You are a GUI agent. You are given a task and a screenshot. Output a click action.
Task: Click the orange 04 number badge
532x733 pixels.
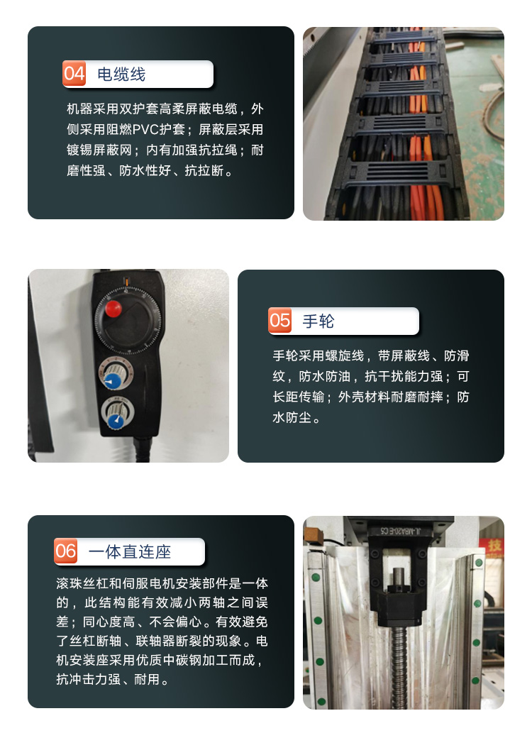tap(74, 73)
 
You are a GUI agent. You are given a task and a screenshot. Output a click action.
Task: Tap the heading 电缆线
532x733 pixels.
tap(121, 75)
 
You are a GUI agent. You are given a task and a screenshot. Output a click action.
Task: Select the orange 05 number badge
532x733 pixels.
tap(280, 320)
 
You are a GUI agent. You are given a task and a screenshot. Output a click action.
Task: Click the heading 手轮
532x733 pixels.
tap(318, 321)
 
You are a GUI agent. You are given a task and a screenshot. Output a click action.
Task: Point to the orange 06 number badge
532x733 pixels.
tap(66, 551)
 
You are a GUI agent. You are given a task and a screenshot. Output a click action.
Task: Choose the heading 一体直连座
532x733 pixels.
tap(130, 551)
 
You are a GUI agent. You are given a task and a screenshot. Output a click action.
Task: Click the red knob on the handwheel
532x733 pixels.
tap(113, 309)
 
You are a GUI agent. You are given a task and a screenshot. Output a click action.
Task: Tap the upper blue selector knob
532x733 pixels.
tap(112, 381)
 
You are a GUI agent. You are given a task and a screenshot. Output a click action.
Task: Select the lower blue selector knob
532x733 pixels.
tap(115, 421)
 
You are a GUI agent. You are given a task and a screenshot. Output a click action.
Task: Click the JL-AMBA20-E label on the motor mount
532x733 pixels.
tap(400, 531)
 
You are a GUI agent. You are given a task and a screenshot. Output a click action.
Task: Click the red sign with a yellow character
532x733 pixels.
tap(494, 546)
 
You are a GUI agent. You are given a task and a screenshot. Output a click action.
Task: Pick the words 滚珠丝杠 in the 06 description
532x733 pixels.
tap(82, 583)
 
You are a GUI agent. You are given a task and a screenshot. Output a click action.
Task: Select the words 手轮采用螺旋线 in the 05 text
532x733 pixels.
tap(318, 356)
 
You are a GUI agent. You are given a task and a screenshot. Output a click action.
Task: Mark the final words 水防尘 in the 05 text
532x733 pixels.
tap(292, 417)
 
